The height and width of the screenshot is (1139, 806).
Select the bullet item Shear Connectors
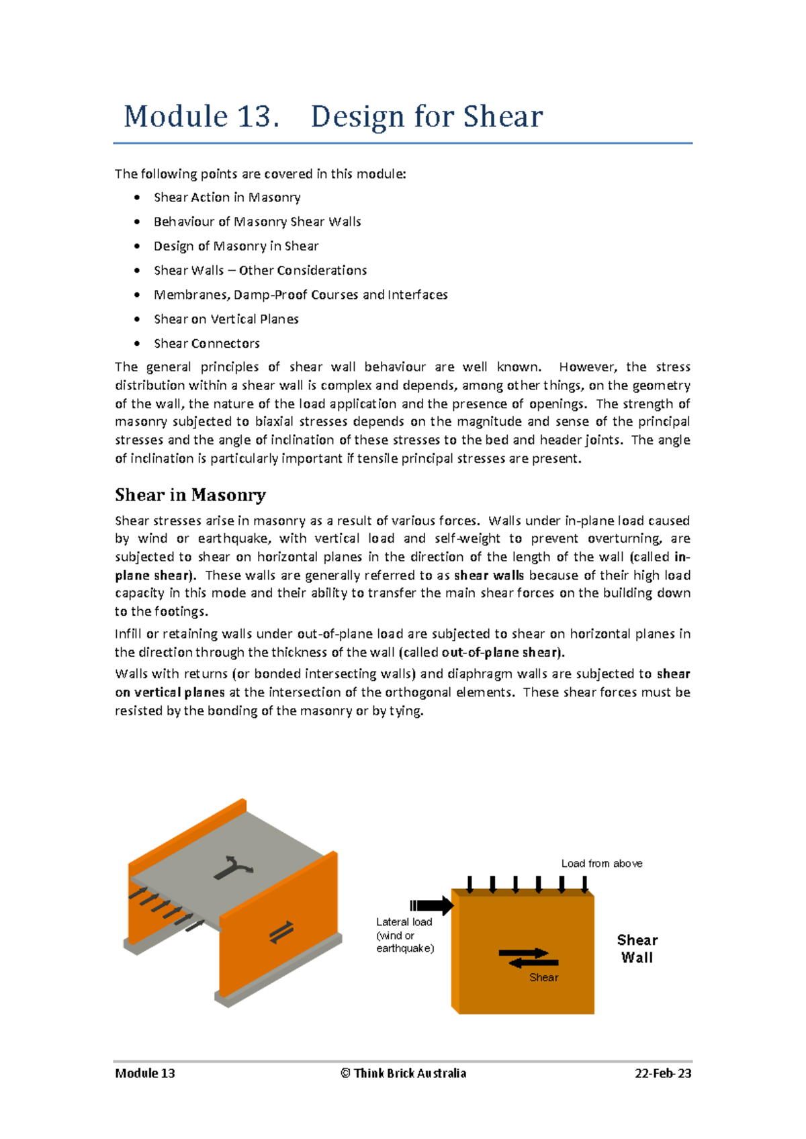(x=206, y=343)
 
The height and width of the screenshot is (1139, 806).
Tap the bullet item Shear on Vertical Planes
(x=226, y=319)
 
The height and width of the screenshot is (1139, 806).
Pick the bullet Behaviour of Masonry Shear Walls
(x=257, y=222)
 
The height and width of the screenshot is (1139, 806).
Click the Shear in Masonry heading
(x=190, y=495)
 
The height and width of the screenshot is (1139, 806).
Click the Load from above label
(x=601, y=863)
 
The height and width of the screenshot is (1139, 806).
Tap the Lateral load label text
(x=404, y=922)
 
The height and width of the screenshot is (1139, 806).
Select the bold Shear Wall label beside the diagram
(x=637, y=949)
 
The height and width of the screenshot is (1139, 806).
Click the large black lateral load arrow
(x=433, y=905)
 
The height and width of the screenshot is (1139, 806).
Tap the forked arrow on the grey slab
(x=232, y=867)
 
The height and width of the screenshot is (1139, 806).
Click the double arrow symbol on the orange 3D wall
(x=281, y=932)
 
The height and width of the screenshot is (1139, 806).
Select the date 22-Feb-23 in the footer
(x=662, y=1073)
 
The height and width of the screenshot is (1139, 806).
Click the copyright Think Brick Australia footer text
(x=403, y=1073)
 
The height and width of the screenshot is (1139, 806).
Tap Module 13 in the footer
(x=145, y=1073)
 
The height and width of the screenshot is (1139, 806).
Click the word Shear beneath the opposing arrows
(x=543, y=978)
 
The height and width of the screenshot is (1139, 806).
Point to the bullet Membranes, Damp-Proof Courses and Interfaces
(x=300, y=295)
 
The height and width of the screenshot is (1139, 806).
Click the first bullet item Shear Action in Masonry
(x=226, y=197)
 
